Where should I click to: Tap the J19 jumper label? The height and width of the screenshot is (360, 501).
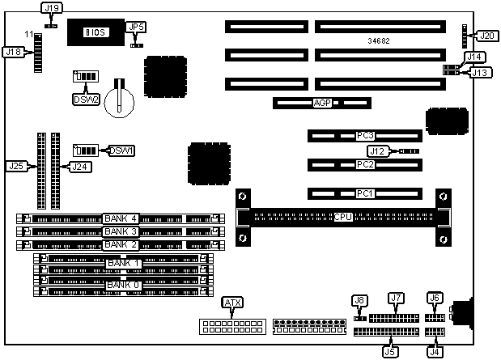pyautogui.click(x=51, y=9)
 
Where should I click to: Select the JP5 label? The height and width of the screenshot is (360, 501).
pyautogui.click(x=137, y=28)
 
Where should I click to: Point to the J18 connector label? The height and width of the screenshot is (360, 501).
pyautogui.click(x=13, y=52)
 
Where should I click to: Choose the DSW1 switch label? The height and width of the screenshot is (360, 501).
pyautogui.click(x=121, y=150)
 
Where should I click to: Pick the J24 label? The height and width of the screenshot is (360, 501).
pyautogui.click(x=78, y=167)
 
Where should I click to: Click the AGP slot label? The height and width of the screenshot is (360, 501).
pyautogui.click(x=322, y=104)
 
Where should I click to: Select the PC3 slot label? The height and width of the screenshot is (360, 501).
pyautogui.click(x=365, y=135)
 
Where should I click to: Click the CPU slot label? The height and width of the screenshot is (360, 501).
pyautogui.click(x=342, y=218)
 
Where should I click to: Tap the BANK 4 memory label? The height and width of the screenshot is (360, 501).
pyautogui.click(x=121, y=218)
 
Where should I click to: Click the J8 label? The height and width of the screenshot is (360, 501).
pyautogui.click(x=360, y=301)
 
